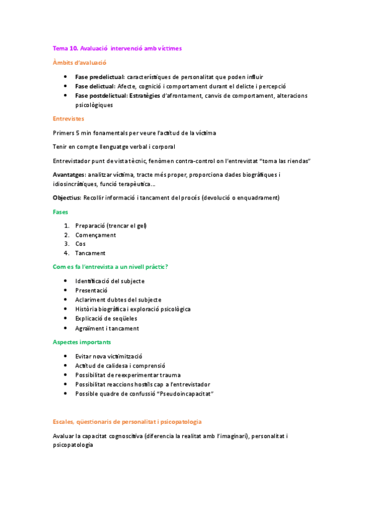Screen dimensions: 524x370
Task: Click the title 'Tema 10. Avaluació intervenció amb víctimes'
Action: [x=117, y=48]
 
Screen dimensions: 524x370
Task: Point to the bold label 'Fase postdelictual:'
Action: [x=101, y=96]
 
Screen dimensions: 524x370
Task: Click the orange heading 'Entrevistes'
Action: [x=69, y=118]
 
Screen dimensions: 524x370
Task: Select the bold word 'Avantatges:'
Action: [x=70, y=175]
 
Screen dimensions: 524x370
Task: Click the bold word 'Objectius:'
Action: [x=67, y=198]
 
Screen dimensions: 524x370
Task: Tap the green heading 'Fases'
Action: [x=61, y=212]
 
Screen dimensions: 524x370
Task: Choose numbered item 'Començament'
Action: [x=95, y=235]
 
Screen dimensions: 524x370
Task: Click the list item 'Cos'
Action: [x=80, y=244]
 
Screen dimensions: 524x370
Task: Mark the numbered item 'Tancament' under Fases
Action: [x=90, y=253]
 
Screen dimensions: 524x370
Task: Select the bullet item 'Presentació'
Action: [x=91, y=290]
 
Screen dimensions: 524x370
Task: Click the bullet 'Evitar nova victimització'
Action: [x=109, y=357]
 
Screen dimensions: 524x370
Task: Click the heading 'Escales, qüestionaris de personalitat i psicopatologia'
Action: [x=127, y=421]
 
